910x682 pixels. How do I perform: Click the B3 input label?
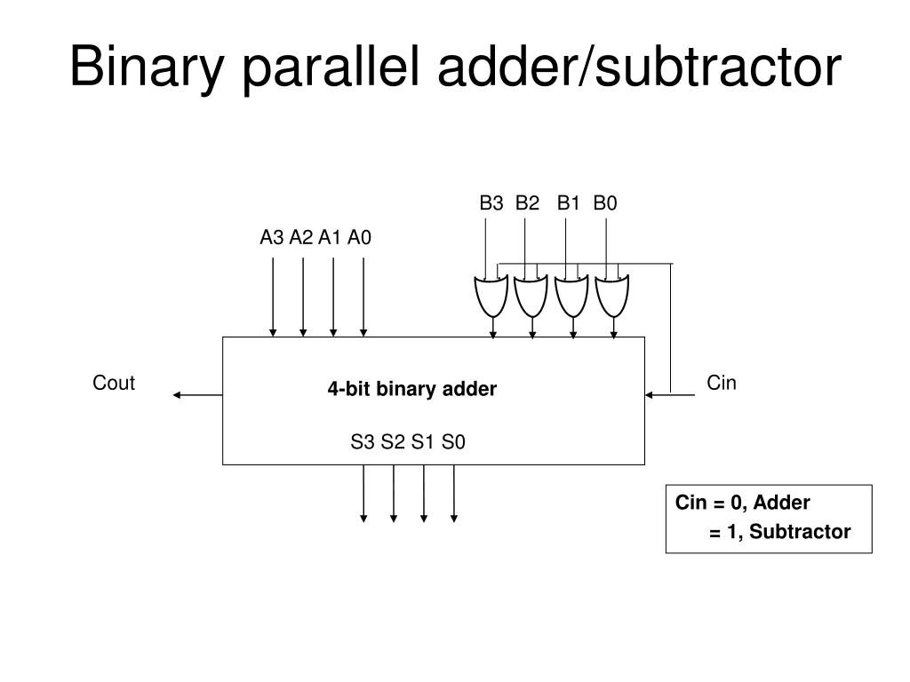click(491, 203)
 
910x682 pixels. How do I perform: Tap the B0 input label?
click(605, 203)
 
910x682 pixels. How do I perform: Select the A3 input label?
click(272, 238)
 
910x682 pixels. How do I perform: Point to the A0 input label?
click(360, 238)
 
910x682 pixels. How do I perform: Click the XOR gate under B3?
click(491, 296)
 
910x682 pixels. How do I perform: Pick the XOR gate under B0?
click(611, 296)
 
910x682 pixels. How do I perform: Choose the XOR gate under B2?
click(531, 296)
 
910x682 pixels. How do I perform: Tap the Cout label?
click(114, 383)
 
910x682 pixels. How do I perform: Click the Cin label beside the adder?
click(722, 383)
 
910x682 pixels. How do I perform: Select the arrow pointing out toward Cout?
click(196, 394)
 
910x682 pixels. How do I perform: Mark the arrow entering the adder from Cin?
click(670, 394)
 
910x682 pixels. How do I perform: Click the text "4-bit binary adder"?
click(412, 389)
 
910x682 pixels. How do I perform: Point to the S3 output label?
click(363, 441)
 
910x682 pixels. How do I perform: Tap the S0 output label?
click(453, 441)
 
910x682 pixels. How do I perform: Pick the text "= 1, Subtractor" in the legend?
click(779, 532)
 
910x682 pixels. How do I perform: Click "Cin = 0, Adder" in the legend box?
click(743, 504)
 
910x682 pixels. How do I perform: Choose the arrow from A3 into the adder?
click(273, 297)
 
